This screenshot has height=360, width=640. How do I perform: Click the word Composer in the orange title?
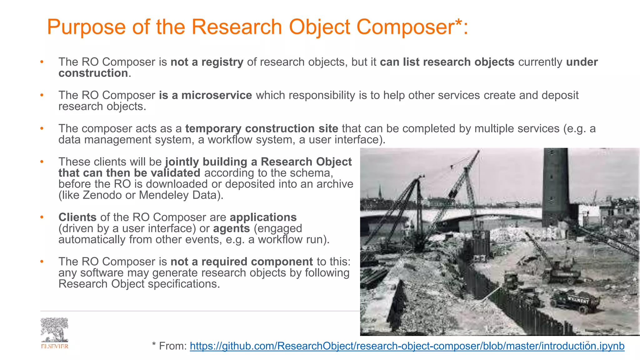(x=405, y=27)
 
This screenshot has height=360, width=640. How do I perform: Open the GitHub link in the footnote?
(x=407, y=346)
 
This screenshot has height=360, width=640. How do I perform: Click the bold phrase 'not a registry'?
(x=207, y=62)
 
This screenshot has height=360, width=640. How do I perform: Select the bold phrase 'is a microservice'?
(x=205, y=95)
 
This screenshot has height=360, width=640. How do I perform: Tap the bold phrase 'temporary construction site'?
(x=262, y=129)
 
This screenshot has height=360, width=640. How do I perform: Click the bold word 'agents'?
(x=231, y=229)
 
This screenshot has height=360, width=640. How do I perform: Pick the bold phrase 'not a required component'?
(x=242, y=262)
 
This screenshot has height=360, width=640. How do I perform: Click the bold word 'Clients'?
(x=77, y=217)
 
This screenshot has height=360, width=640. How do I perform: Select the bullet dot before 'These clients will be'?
(x=42, y=162)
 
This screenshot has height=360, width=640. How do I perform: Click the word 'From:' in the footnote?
(x=173, y=346)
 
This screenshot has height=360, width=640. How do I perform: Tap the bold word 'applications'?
(x=263, y=217)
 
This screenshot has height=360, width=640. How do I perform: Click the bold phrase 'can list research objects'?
(x=447, y=62)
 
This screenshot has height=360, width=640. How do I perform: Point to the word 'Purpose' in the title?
(x=86, y=27)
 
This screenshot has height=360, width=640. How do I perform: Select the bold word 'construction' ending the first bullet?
(x=93, y=73)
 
